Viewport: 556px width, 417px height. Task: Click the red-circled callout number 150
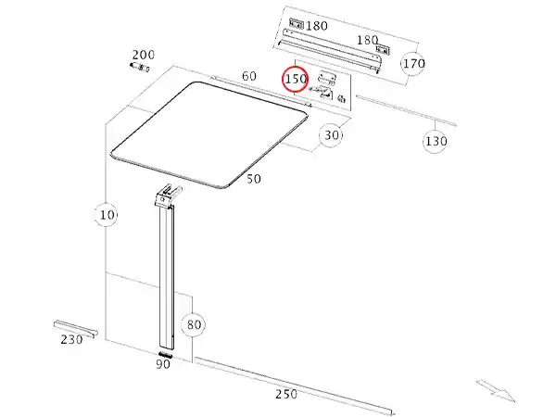[296, 79]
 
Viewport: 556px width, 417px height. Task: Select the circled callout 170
[413, 64]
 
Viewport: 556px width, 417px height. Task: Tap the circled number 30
[331, 135]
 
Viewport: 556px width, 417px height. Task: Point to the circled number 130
[436, 142]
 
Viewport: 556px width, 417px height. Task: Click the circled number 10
[107, 215]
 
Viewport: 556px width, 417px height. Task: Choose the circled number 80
[194, 324]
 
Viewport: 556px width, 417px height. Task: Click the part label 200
[144, 55]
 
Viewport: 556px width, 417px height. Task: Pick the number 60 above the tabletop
[249, 76]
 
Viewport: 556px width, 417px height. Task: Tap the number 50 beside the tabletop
[254, 179]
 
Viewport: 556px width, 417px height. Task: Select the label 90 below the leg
[163, 364]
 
